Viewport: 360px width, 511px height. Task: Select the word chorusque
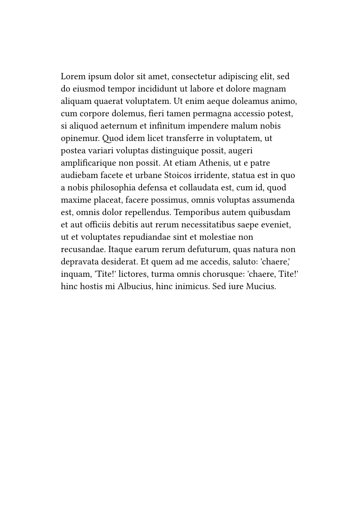(x=218, y=274)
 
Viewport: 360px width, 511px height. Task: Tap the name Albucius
(x=134, y=287)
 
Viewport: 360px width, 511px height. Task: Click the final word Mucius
(x=260, y=287)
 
